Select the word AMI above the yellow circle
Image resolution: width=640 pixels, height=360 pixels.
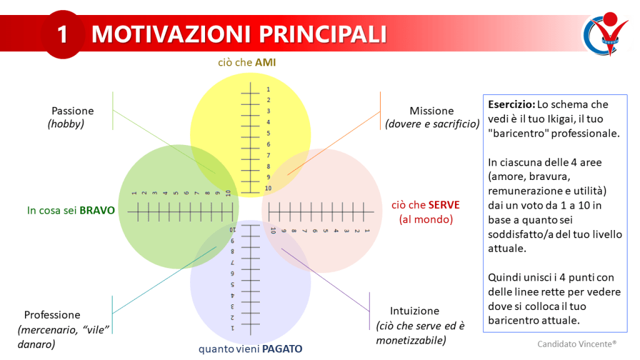tap(265, 62)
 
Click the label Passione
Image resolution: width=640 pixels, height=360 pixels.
tap(72, 111)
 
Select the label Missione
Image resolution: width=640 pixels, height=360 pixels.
tap(431, 111)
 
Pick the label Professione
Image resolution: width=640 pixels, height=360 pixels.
tap(52, 314)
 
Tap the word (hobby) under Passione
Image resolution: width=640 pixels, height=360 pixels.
tap(66, 124)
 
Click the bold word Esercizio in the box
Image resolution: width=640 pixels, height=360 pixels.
tap(509, 104)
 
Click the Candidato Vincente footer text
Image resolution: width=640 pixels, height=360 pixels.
tap(576, 343)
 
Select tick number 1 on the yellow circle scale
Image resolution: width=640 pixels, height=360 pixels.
tap(268, 89)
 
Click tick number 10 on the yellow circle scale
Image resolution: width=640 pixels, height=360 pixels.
tap(268, 188)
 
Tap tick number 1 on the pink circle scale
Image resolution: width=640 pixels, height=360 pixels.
tap(367, 231)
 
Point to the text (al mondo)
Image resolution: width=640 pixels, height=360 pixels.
tap(426, 219)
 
